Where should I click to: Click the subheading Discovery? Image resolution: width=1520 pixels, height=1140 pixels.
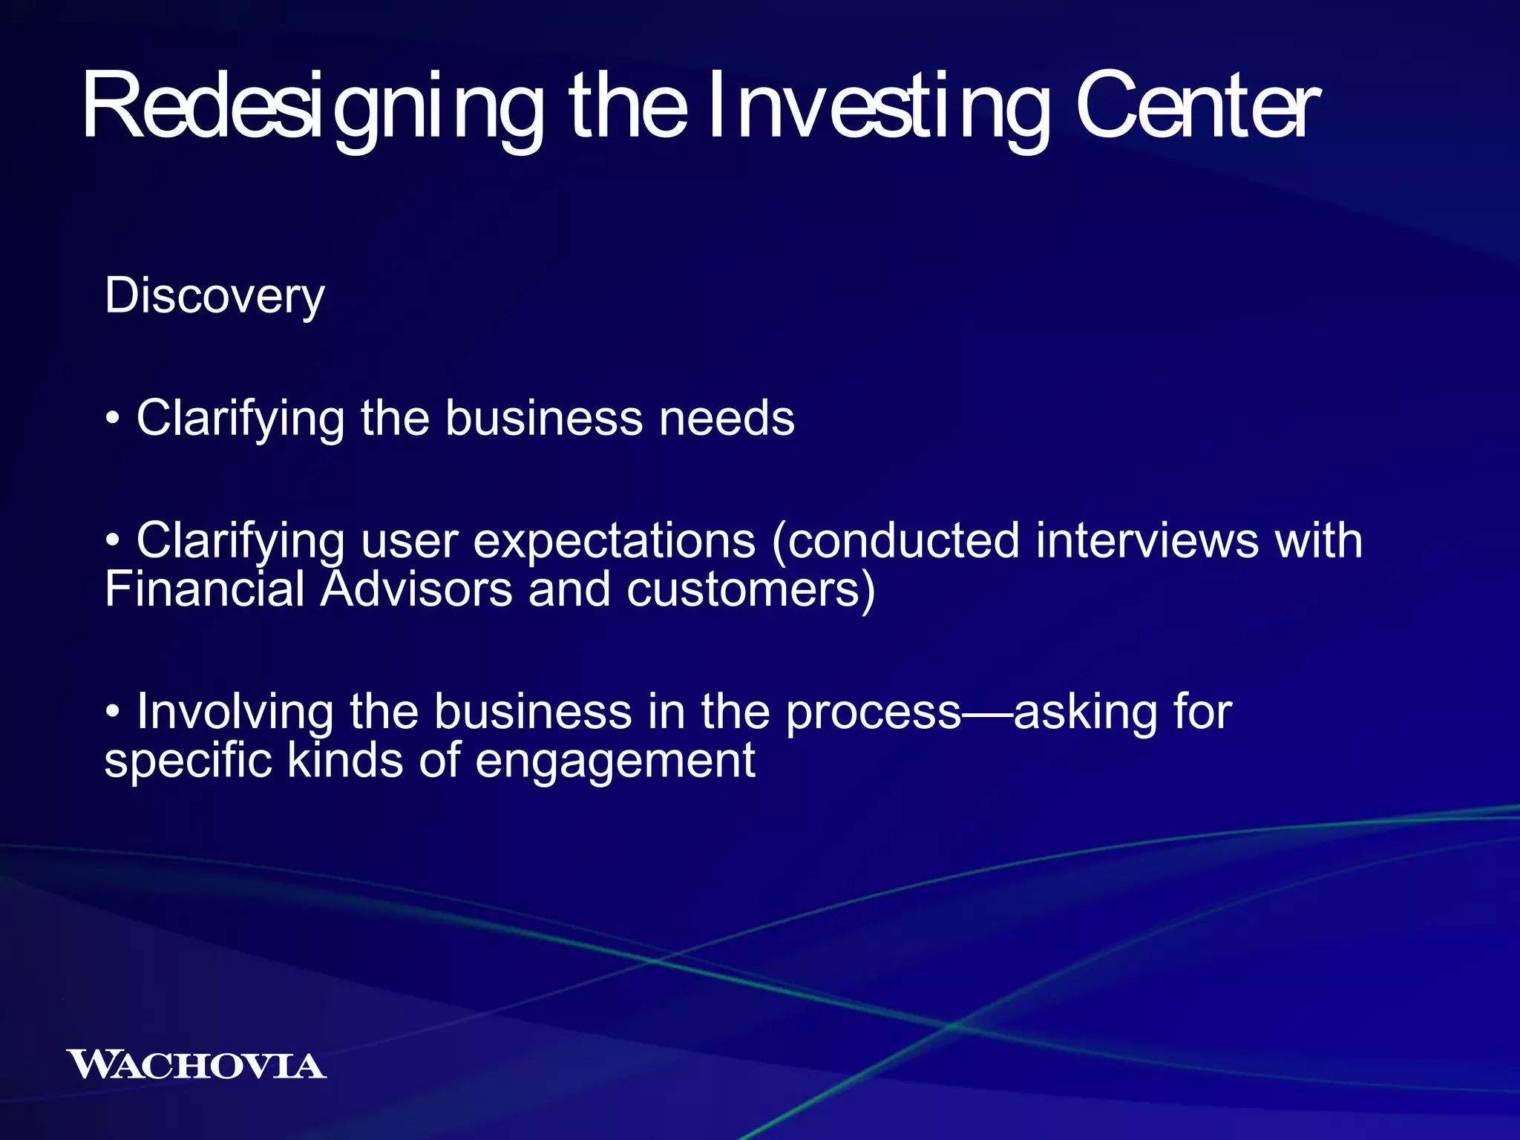coord(214,296)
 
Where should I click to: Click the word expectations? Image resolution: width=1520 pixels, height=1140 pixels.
coord(615,541)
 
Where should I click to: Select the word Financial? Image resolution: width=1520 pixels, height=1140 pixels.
coord(205,589)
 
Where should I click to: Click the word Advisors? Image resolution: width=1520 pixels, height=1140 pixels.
coord(416,589)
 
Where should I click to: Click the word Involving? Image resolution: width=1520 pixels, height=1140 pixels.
coord(235,712)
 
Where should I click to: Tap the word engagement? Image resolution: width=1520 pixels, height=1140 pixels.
coord(615,762)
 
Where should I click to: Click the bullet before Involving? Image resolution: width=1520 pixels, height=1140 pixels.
coord(112,713)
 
